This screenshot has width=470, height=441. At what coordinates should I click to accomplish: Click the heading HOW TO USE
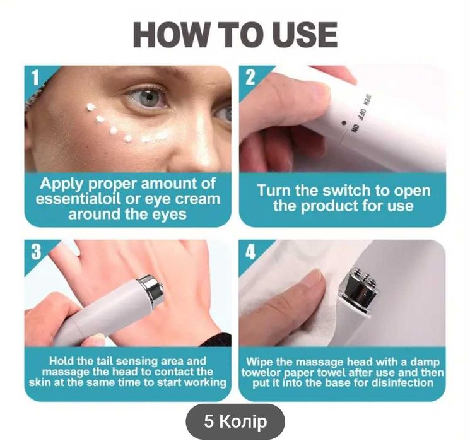click(x=235, y=35)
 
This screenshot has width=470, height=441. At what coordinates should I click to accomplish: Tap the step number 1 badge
click(x=36, y=78)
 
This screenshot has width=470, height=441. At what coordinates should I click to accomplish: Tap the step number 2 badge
click(x=250, y=78)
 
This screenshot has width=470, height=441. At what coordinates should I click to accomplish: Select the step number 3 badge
click(x=36, y=252)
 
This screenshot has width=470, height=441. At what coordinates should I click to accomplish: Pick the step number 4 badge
click(x=250, y=252)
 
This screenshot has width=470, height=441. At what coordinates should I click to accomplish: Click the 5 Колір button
click(x=235, y=421)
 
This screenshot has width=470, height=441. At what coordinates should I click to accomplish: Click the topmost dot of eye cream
click(x=90, y=107)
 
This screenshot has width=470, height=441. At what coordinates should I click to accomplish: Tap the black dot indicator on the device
click(x=344, y=122)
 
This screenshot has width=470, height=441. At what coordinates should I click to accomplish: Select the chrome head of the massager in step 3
click(x=151, y=290)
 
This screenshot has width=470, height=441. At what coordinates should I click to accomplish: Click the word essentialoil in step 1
click(x=78, y=199)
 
